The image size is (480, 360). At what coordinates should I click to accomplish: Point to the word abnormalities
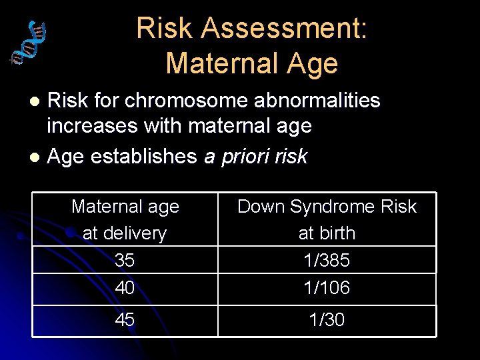(x=315, y=101)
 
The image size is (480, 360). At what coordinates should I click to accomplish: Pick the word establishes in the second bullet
(x=144, y=157)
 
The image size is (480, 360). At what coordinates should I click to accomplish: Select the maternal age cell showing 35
(x=125, y=260)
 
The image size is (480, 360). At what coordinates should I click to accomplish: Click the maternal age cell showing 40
(x=125, y=287)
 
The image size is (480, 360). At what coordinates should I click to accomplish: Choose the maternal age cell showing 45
(x=125, y=320)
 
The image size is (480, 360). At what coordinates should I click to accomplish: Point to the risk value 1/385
(x=327, y=260)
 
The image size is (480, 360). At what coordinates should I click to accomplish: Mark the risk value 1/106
(x=327, y=287)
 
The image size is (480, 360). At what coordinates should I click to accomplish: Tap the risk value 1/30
(x=327, y=320)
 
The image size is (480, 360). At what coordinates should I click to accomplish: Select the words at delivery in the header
(x=125, y=233)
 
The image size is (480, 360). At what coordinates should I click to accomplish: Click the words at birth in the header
(x=327, y=233)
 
